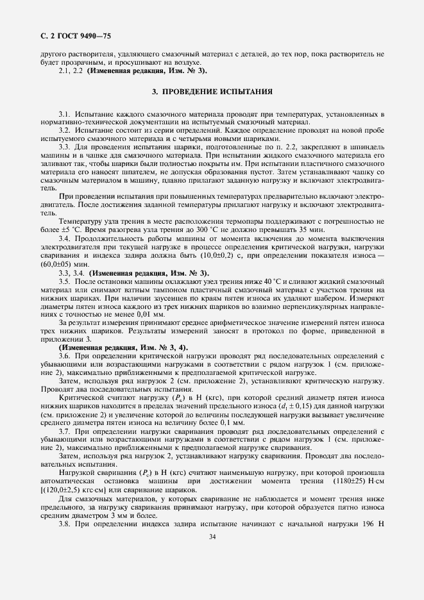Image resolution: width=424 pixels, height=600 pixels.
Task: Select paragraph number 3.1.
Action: (65, 113)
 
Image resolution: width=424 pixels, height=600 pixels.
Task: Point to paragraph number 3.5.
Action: (65, 281)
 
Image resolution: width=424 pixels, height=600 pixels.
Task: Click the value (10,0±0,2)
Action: (227, 255)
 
